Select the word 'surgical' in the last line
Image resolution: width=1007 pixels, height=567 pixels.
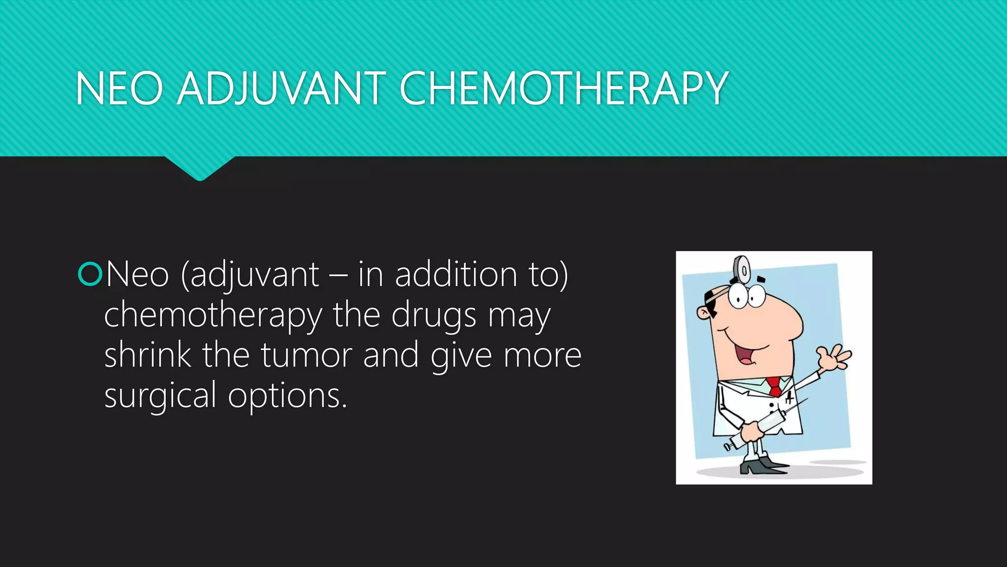(x=160, y=395)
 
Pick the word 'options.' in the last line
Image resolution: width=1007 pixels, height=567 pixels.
(x=288, y=395)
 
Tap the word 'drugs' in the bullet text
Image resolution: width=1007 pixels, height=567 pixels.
(x=434, y=315)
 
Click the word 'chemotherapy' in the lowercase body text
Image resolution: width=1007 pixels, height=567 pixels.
(x=213, y=315)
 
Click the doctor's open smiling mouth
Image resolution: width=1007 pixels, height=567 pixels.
(x=749, y=354)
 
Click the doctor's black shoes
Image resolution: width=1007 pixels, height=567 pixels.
(x=762, y=465)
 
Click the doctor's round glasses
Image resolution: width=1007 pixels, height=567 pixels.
(x=746, y=295)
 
